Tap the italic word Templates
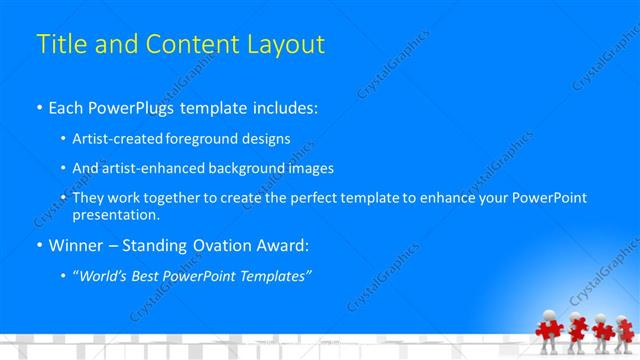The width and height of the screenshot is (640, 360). (x=275, y=275)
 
